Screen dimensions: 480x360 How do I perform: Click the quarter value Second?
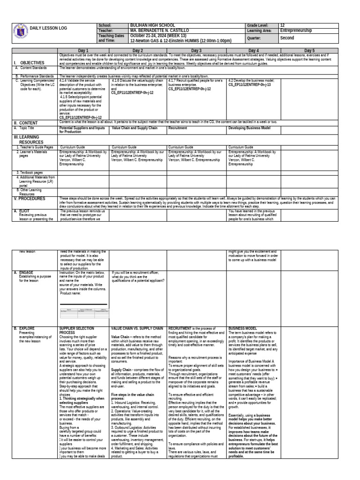[x=287, y=38]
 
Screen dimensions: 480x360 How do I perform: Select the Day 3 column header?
[x=196, y=50]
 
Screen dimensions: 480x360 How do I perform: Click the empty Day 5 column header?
[x=309, y=50]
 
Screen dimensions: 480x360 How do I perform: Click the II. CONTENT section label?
[x=25, y=123]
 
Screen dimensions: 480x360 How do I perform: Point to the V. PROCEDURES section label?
[x=30, y=198]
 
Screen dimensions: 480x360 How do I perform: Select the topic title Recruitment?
[x=178, y=127]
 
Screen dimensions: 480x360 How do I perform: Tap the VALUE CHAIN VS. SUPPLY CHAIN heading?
[x=136, y=328]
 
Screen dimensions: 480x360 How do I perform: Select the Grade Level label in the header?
[x=258, y=25]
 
